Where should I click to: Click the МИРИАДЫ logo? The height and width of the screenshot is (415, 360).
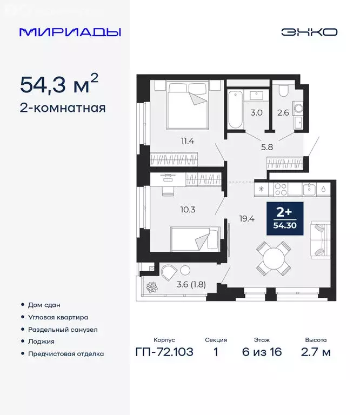[x=70, y=32]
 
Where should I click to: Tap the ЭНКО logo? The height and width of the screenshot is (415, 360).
[x=309, y=32]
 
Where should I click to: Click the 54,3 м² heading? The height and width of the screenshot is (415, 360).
[x=59, y=84]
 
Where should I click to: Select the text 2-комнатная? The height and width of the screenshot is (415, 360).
[x=62, y=108]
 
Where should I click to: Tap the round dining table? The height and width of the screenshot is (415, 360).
[x=273, y=258]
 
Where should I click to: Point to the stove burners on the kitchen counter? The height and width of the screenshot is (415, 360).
[x=281, y=189]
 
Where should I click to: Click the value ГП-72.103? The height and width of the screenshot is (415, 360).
[x=164, y=352]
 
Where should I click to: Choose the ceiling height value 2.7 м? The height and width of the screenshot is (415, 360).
[x=316, y=352]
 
